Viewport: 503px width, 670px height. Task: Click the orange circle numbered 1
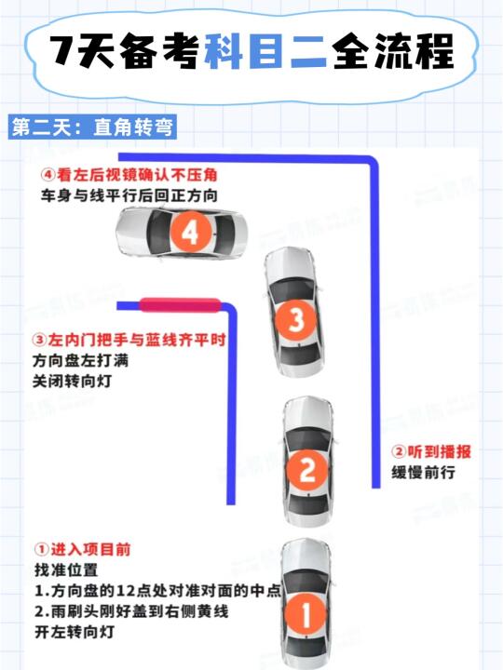[x=306, y=614]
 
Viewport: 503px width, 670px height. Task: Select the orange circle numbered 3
[x=295, y=319]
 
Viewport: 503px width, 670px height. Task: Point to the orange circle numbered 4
[x=190, y=233]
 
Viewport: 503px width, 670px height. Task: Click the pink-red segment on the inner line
[x=180, y=305]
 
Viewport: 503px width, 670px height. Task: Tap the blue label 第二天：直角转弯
[x=92, y=127]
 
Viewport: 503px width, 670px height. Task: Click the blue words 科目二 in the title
[x=265, y=51]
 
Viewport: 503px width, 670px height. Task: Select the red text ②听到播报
[x=431, y=451]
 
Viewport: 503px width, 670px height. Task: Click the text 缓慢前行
[x=423, y=473]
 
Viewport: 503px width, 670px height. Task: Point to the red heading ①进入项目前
[x=82, y=550]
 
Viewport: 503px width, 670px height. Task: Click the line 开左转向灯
[x=75, y=632]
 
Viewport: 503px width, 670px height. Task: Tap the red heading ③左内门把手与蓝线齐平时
[x=129, y=341]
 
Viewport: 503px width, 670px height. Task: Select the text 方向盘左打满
[x=80, y=361]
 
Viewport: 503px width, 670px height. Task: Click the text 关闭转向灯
[x=73, y=381]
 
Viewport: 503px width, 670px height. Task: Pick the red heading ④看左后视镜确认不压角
[x=129, y=175]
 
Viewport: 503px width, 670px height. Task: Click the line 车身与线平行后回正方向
[x=129, y=195]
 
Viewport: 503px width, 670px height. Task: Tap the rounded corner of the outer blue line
[x=372, y=162]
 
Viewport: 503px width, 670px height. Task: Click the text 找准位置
[x=66, y=570]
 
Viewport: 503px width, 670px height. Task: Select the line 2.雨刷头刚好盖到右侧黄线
[x=131, y=611]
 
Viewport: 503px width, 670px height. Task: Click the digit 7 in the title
[x=63, y=50]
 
